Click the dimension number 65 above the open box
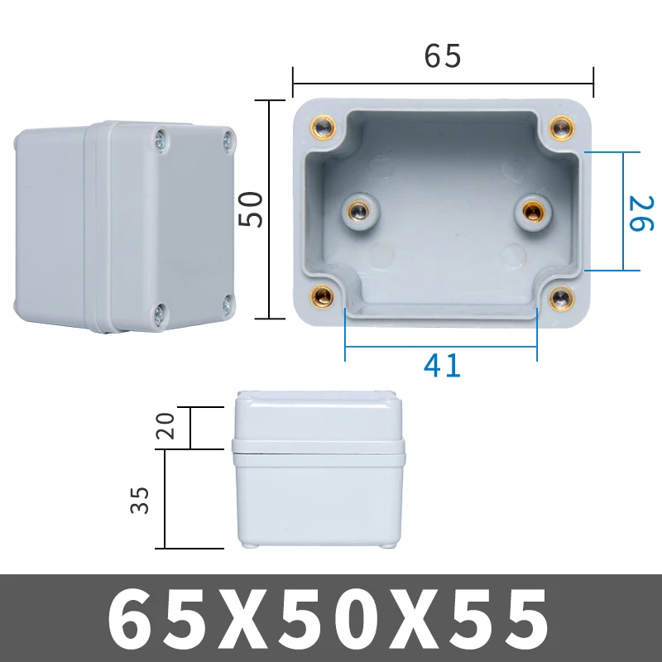pyautogui.click(x=443, y=56)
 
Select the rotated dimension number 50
pyautogui.click(x=249, y=209)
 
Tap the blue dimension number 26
pyautogui.click(x=642, y=213)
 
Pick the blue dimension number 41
pyautogui.click(x=441, y=365)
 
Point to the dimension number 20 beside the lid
pyautogui.click(x=165, y=427)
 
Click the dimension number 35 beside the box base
pyautogui.click(x=141, y=499)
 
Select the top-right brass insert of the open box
pyautogui.click(x=563, y=127)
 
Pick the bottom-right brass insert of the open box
pyautogui.click(x=563, y=296)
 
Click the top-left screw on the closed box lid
pyautogui.click(x=160, y=139)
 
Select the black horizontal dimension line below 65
pyautogui.click(x=443, y=83)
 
